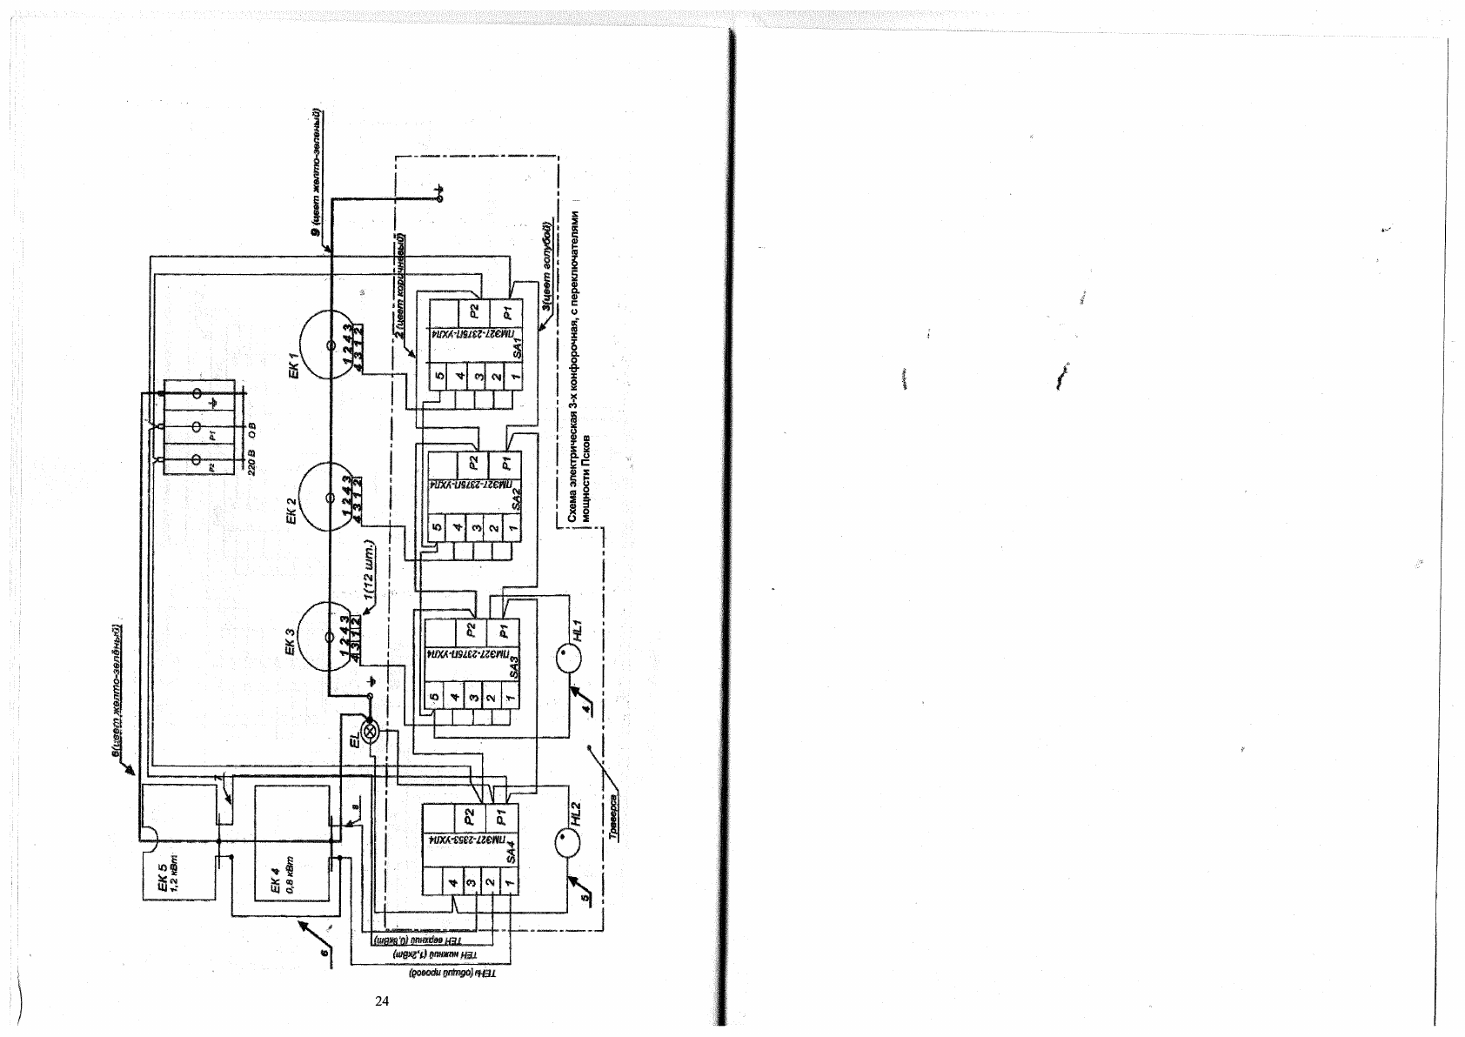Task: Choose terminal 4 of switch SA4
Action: click(453, 885)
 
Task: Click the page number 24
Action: click(381, 1001)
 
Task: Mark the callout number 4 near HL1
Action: click(586, 708)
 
